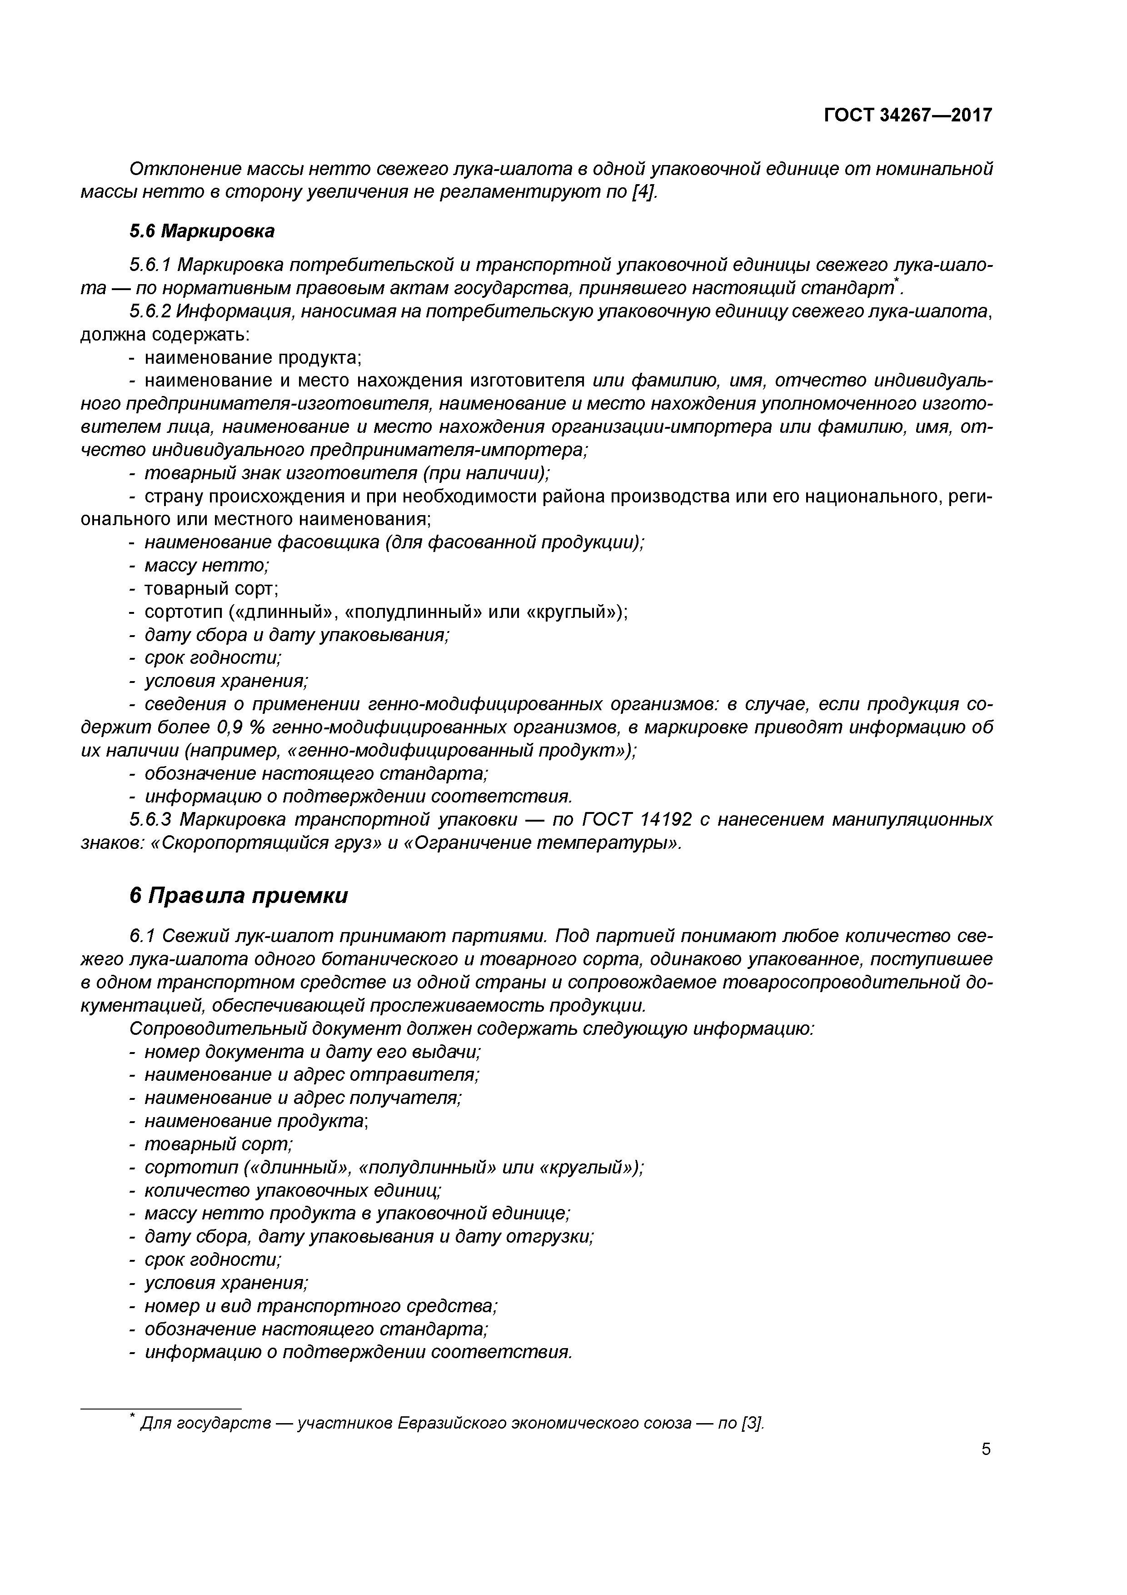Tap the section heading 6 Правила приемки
tap(238, 895)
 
